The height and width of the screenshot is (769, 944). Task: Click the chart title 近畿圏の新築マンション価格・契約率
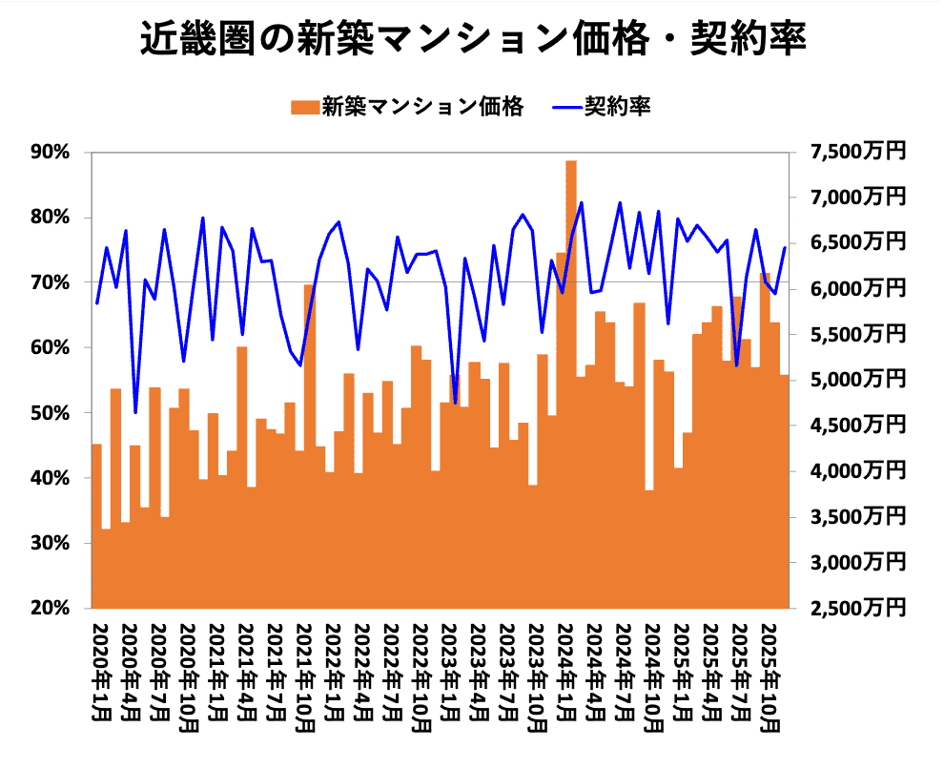(473, 41)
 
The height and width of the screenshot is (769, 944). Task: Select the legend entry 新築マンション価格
(410, 106)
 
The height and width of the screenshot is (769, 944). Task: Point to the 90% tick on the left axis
(51, 153)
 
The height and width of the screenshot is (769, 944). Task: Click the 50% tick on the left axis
(51, 413)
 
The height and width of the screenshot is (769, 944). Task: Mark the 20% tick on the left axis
(51, 608)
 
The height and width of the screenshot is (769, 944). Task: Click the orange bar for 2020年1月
(96, 525)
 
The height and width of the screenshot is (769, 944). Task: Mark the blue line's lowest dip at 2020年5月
(135, 412)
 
